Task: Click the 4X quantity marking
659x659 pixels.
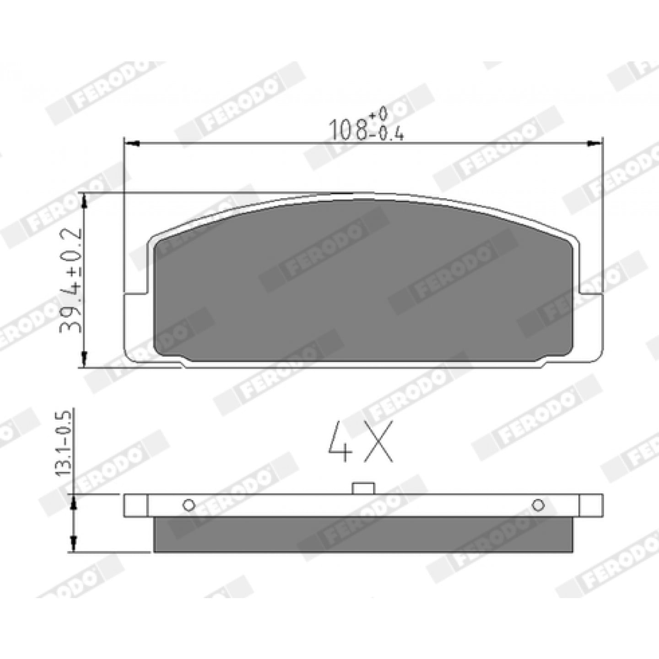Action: (x=360, y=441)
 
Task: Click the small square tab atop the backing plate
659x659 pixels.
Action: (x=363, y=488)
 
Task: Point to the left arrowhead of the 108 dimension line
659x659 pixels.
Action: (x=132, y=144)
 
